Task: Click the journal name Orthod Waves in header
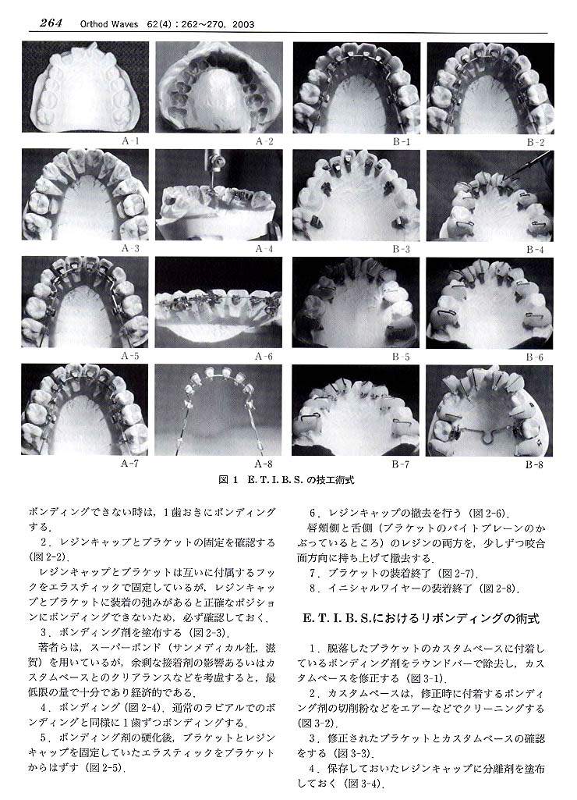coord(104,24)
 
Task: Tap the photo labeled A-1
coord(85,87)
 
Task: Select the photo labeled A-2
coord(218,87)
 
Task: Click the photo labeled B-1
coord(355,87)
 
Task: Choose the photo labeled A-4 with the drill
coord(218,195)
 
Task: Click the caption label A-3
coord(130,248)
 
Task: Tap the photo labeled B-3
coord(355,195)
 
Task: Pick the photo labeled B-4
coord(489,195)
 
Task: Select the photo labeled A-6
coord(218,303)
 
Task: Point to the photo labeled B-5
coord(355,303)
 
